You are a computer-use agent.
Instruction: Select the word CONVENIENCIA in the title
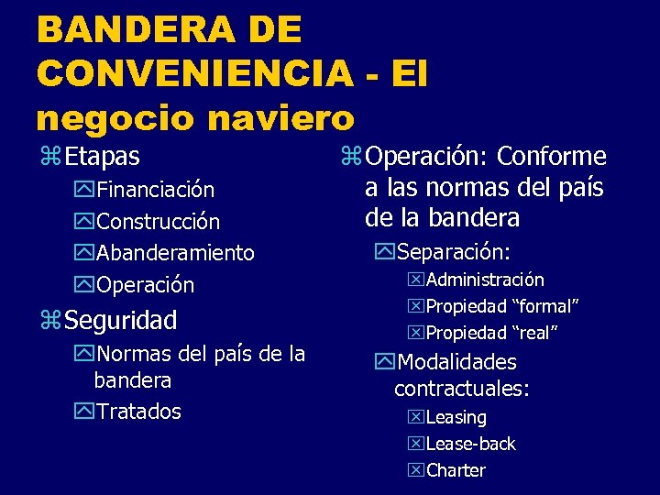point(194,73)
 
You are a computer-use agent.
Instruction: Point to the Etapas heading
point(102,157)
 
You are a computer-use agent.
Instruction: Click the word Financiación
point(156,190)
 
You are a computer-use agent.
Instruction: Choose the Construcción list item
point(158,222)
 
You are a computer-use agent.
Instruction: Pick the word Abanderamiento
point(175,253)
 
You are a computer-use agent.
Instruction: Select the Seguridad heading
point(120,321)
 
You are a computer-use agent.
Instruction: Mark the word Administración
point(485,280)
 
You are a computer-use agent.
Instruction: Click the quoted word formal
point(544,306)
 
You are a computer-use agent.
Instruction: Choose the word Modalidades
point(456,363)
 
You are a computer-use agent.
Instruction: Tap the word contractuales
point(462,389)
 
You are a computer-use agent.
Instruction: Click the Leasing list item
point(456,418)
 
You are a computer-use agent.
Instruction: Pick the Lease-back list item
point(470,445)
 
